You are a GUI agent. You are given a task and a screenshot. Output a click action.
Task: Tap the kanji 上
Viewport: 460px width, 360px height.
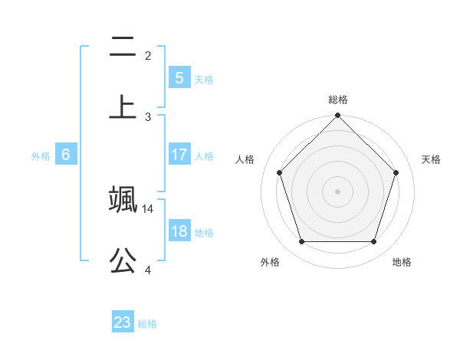(123, 106)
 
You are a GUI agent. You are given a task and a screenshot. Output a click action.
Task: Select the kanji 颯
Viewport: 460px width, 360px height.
(123, 198)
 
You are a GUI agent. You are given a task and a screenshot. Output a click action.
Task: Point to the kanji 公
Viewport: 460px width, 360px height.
(123, 260)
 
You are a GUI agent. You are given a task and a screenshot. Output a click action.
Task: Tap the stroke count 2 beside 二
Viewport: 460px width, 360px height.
(148, 55)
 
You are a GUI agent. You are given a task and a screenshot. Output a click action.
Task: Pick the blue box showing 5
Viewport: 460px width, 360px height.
(179, 77)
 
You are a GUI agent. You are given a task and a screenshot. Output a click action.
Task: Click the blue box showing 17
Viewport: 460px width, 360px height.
(179, 154)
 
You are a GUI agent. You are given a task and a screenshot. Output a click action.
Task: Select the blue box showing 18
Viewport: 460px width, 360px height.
(179, 231)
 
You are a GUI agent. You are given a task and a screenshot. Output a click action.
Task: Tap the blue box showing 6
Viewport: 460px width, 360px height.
(66, 155)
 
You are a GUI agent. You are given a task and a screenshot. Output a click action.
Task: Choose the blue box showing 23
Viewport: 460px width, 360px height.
(123, 322)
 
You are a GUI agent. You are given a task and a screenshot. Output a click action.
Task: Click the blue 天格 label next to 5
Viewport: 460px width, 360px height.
(204, 79)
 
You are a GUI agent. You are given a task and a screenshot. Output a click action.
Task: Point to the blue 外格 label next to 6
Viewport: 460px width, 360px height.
(41, 156)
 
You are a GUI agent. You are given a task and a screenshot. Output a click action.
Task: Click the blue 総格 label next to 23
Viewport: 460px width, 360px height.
(148, 324)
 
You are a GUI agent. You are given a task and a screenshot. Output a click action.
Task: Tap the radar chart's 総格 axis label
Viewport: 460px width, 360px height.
(338, 100)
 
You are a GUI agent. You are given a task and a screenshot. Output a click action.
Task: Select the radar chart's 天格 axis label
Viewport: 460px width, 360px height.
(432, 159)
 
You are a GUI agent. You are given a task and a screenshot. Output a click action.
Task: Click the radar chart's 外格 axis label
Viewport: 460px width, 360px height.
(270, 262)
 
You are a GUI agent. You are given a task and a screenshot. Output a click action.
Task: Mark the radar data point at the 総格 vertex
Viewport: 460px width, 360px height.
(337, 116)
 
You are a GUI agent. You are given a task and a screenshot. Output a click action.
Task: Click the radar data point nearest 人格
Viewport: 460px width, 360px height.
(280, 172)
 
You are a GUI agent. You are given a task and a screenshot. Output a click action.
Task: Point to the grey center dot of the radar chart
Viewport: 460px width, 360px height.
(337, 191)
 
